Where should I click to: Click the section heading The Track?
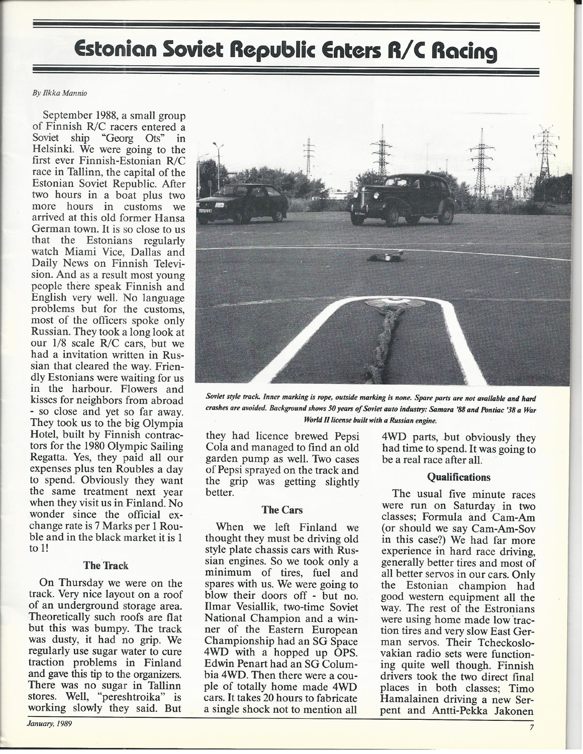point(106,565)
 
